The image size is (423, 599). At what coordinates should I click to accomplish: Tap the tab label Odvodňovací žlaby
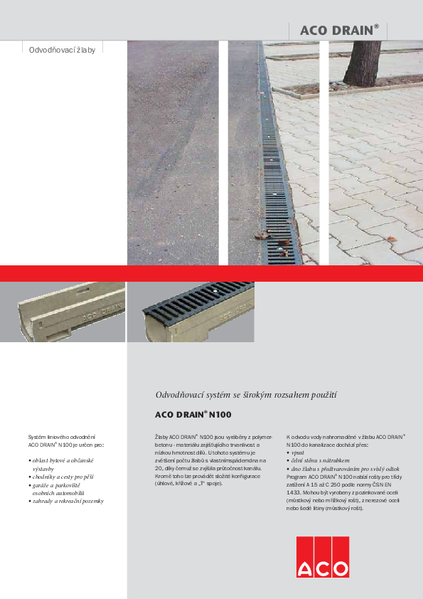[61, 51]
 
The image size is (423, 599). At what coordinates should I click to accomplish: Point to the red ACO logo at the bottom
[323, 557]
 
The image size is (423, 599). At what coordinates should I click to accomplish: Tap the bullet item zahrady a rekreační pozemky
[68, 501]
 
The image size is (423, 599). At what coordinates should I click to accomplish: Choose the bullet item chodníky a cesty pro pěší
[63, 476]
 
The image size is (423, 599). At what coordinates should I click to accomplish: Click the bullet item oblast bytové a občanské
[63, 460]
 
